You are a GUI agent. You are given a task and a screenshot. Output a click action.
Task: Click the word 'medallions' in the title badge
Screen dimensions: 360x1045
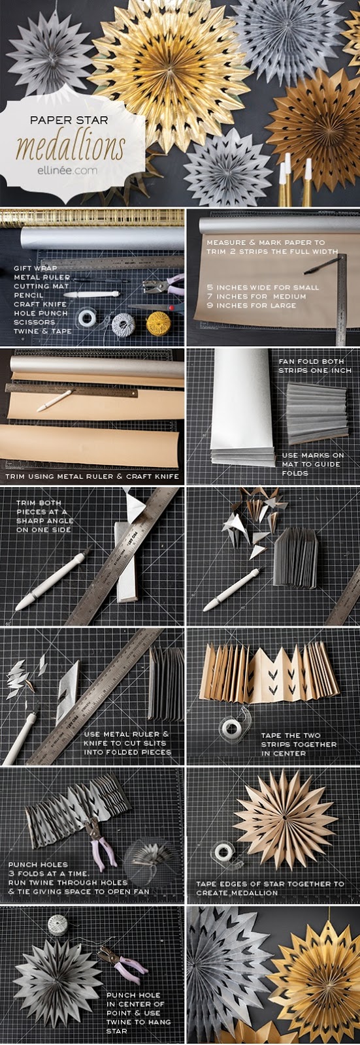(x=71, y=146)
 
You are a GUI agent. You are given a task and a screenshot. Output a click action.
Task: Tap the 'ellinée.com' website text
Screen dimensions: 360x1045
(x=68, y=170)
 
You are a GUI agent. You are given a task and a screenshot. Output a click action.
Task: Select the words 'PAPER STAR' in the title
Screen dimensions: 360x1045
(x=69, y=120)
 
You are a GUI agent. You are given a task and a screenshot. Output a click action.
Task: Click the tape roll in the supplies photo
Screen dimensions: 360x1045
(x=87, y=318)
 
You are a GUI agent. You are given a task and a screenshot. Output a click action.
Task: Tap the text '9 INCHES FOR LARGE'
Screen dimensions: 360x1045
(x=251, y=305)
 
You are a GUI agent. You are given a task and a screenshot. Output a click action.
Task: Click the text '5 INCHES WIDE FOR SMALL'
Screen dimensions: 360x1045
(x=263, y=287)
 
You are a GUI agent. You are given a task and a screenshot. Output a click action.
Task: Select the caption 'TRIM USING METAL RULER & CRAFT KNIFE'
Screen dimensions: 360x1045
(x=93, y=477)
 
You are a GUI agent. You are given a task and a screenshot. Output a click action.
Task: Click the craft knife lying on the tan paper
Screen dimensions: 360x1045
(x=54, y=400)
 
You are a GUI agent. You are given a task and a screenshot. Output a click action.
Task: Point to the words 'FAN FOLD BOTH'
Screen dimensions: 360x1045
(x=312, y=361)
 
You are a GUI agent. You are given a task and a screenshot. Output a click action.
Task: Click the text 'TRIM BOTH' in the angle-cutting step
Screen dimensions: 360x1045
(x=39, y=503)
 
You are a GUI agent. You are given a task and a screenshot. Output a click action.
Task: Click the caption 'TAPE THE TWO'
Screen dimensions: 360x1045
(x=291, y=735)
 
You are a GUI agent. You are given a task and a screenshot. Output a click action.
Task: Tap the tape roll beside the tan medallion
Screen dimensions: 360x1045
(x=223, y=852)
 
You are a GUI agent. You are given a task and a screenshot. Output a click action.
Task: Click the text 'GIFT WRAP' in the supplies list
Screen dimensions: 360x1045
(x=35, y=268)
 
